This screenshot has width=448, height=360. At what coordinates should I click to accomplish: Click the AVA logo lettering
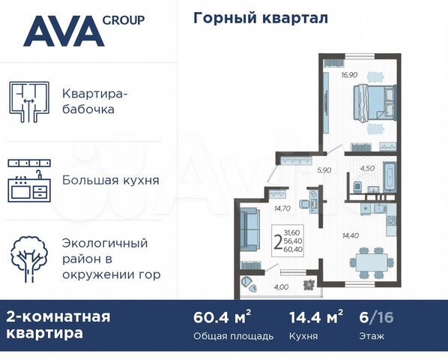(x=63, y=31)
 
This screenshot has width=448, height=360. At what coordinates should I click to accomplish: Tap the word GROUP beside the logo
(x=124, y=20)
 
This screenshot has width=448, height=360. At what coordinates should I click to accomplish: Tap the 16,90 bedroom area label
(x=349, y=75)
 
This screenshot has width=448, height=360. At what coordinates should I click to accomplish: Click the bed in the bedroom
(x=371, y=106)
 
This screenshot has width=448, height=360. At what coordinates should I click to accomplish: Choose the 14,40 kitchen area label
(x=351, y=235)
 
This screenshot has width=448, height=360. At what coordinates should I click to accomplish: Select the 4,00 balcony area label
(x=280, y=287)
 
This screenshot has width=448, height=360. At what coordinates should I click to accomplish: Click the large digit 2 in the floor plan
(x=278, y=241)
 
